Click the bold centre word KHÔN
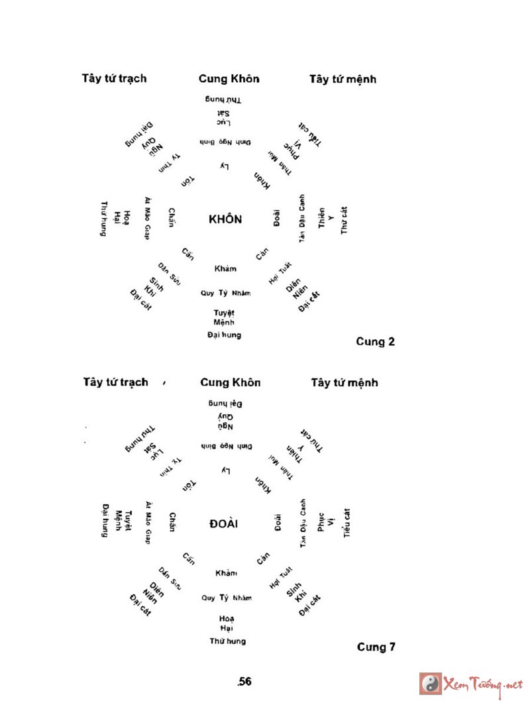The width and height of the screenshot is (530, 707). (x=225, y=219)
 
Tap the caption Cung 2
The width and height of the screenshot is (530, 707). (x=375, y=342)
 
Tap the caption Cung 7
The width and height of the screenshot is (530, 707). (x=376, y=647)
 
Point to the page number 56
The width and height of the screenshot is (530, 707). (x=245, y=681)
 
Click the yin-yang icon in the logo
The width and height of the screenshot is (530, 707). (x=431, y=683)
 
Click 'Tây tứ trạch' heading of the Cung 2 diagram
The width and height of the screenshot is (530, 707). (x=114, y=78)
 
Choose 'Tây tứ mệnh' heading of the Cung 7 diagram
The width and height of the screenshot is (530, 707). (x=344, y=383)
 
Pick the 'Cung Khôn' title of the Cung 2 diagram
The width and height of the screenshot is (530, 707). (x=229, y=79)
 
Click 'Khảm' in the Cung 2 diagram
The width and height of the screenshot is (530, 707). (x=225, y=268)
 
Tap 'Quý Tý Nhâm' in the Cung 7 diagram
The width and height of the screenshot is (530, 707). (x=227, y=598)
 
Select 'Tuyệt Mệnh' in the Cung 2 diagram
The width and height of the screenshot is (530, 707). (x=224, y=317)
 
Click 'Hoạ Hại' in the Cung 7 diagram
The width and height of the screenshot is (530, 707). (x=227, y=623)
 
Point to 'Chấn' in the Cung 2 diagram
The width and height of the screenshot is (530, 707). (x=171, y=217)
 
